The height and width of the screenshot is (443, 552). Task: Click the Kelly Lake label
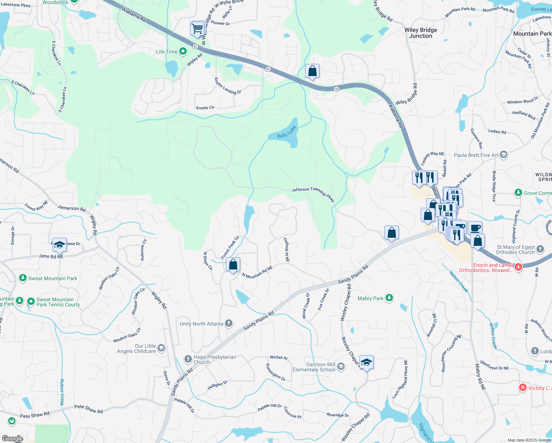pyautogui.click(x=287, y=132)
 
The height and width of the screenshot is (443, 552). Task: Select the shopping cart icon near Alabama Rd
pyautogui.click(x=197, y=28)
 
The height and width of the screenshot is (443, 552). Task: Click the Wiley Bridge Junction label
pyautogui.click(x=421, y=33)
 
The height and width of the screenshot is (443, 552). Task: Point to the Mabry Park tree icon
pyautogui.click(x=389, y=298)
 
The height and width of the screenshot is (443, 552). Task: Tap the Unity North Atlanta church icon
pyautogui.click(x=229, y=324)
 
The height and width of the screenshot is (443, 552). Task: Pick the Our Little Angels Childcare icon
pyautogui.click(x=161, y=348)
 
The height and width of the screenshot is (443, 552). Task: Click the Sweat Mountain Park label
pyautogui.click(x=53, y=278)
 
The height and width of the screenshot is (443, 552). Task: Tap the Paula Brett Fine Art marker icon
pyautogui.click(x=504, y=155)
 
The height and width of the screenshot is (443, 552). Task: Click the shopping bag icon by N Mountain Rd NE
pyautogui.click(x=233, y=264)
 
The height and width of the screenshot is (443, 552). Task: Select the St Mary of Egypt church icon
pyautogui.click(x=540, y=249)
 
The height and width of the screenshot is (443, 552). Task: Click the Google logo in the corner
pyautogui.click(x=12, y=439)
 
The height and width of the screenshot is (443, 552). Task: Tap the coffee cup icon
pyautogui.click(x=475, y=227)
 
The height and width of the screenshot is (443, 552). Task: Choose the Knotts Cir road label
pyautogui.click(x=205, y=108)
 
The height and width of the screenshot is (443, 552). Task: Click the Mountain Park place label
pyautogui.click(x=532, y=34)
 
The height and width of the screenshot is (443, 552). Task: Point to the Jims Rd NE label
pyautogui.click(x=51, y=256)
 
